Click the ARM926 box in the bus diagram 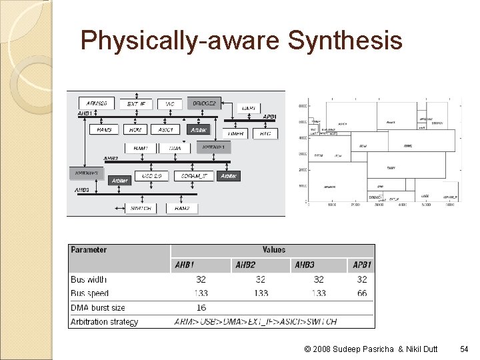click(x=97, y=103)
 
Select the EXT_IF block click(x=137, y=103)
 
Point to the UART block click(x=249, y=107)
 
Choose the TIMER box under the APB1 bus click(x=236, y=133)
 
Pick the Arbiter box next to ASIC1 click(x=199, y=130)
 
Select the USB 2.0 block click(x=152, y=176)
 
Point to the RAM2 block click(x=182, y=208)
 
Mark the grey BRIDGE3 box click(x=86, y=172)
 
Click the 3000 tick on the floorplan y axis click(x=302, y=153)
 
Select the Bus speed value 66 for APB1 click(x=362, y=293)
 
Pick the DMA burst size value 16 click(x=201, y=307)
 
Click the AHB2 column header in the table click(x=245, y=265)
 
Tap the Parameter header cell click(x=89, y=250)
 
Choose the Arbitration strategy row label click(x=105, y=321)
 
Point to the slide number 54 click(x=464, y=348)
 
